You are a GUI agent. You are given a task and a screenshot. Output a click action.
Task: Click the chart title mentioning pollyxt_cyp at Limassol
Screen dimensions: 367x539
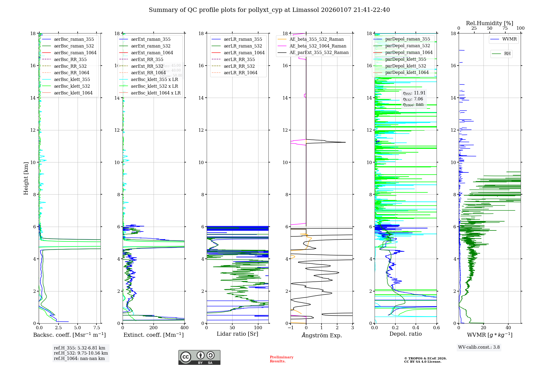pos(269,10)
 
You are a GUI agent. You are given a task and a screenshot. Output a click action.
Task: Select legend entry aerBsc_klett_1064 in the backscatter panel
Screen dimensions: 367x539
pos(73,93)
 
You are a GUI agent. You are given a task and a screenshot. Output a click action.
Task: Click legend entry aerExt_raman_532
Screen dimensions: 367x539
pos(151,46)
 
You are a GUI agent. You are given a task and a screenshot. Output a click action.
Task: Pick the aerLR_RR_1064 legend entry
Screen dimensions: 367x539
pos(240,73)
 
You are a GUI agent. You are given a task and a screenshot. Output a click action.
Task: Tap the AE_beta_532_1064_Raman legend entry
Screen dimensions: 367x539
pos(318,46)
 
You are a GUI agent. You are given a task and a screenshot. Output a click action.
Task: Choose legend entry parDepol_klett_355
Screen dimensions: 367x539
pos(406,59)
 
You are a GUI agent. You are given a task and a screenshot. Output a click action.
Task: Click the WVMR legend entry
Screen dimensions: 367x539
pos(509,39)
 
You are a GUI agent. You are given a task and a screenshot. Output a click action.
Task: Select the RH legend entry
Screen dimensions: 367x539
pos(507,54)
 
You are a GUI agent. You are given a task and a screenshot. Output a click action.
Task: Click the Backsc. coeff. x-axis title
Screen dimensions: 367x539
pos(70,335)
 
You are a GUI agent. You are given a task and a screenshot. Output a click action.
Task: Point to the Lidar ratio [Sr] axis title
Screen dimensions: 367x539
pos(237,334)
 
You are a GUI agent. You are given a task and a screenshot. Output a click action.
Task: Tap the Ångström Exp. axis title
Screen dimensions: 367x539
pos(322,335)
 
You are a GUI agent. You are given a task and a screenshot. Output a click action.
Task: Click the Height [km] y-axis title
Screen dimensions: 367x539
pos(26,178)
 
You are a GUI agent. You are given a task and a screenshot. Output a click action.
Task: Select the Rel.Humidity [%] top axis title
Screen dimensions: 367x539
pos(489,23)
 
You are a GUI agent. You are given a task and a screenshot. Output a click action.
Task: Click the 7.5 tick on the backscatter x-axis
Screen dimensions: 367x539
pos(97,328)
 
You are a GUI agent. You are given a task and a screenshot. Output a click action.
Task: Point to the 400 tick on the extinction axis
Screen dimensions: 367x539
pos(185,328)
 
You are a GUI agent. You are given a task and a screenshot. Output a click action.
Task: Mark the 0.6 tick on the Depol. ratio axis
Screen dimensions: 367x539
pos(436,328)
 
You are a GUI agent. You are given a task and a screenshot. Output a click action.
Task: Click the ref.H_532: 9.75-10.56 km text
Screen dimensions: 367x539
pos(81,353)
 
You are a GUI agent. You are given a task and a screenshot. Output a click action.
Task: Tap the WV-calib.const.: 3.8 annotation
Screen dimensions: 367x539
pos(479,347)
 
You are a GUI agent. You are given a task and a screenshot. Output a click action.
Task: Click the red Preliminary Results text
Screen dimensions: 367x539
pos(281,359)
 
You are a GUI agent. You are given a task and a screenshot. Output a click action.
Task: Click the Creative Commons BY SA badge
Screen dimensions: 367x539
pos(199,358)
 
